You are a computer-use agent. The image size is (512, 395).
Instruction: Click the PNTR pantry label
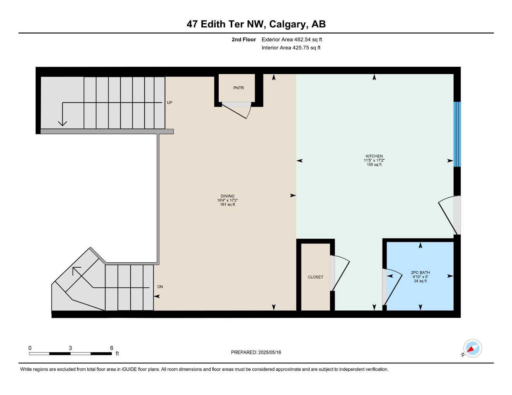pos(238,88)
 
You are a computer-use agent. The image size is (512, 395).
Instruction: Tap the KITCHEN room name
pos(374,156)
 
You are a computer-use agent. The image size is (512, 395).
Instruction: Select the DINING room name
pos(228,196)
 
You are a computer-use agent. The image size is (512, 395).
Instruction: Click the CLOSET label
pos(315,277)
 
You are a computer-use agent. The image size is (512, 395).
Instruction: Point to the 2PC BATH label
pos(420,272)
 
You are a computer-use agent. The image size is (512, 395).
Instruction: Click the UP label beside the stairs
pos(170,103)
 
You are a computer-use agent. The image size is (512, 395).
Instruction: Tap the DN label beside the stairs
pos(160,287)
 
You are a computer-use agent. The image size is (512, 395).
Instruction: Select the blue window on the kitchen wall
pos(457,134)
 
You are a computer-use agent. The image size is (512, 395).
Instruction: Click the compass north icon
pos(472,348)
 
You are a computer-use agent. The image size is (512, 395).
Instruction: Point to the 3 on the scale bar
pos(70,348)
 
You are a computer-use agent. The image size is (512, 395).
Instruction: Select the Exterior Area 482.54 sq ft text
pos(292,39)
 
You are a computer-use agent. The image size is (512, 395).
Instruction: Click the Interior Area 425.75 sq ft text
pos(291,48)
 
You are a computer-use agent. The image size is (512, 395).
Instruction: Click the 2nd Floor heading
pos(244,39)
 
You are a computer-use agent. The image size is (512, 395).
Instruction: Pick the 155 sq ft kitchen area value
pos(374,165)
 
